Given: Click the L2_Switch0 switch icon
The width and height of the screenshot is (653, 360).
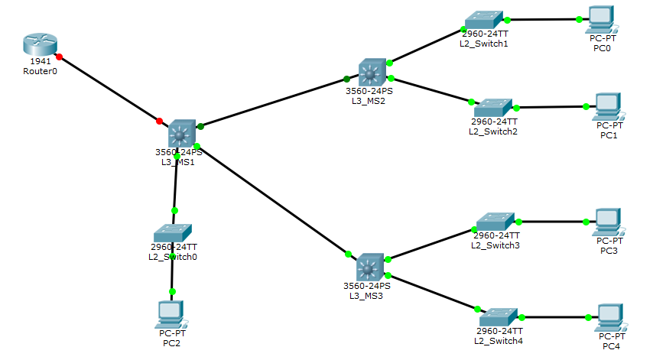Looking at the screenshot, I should tap(173, 232).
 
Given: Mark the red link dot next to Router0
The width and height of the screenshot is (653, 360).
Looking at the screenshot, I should tap(59, 57).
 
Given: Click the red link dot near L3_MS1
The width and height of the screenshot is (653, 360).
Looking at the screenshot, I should tap(159, 121).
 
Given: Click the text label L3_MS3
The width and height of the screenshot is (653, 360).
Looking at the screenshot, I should tap(365, 296).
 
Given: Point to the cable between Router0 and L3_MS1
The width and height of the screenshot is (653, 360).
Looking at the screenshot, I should tap(109, 89).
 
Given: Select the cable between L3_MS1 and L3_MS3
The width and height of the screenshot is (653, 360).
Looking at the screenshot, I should tap(271, 199).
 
